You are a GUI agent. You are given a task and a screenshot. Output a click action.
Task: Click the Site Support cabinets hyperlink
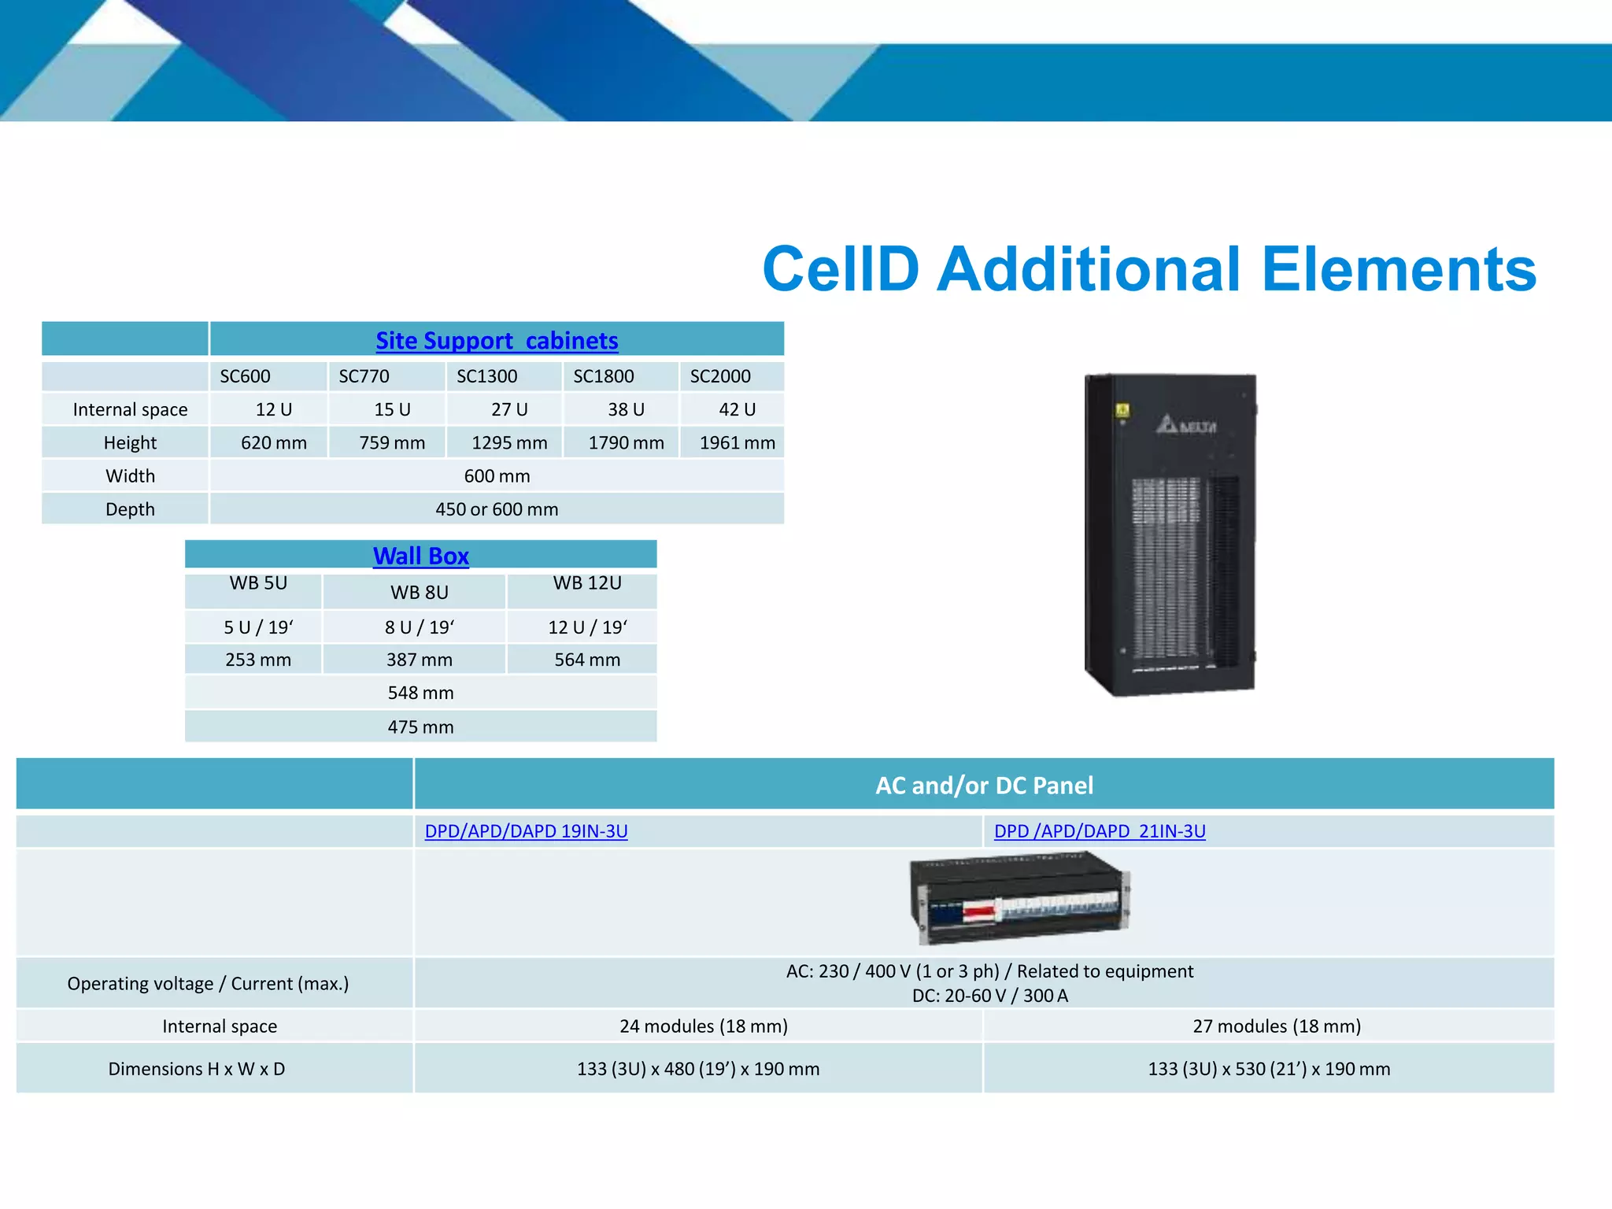point(497,341)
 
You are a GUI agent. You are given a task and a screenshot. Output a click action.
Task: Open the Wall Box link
point(420,556)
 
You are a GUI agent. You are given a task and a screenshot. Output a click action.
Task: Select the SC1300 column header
point(487,376)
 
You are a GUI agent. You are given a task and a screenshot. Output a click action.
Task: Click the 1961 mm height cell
point(737,443)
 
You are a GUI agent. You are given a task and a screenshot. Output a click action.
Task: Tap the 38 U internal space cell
point(626,409)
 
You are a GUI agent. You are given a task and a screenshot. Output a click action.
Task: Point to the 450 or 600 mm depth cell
point(497,509)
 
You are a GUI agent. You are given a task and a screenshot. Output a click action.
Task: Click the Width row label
point(130,476)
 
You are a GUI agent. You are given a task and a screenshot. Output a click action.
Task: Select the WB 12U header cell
point(587,583)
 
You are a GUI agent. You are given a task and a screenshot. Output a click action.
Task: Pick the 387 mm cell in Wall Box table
point(419,660)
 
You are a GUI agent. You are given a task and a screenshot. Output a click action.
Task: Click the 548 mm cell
point(420,693)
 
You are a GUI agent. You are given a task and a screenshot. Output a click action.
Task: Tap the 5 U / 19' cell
point(258,627)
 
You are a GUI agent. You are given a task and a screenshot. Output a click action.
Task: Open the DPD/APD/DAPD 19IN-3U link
point(526,831)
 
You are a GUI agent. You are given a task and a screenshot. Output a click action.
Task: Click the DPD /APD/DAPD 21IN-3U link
point(1100,831)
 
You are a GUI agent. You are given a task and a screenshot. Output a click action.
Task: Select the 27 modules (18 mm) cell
point(1276,1026)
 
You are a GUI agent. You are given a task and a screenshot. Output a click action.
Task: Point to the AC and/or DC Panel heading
point(984,786)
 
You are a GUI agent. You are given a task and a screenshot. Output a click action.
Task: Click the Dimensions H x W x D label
point(197,1069)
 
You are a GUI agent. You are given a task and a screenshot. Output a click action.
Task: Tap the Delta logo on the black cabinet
point(1185,426)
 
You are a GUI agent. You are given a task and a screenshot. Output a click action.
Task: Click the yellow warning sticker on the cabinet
point(1122,410)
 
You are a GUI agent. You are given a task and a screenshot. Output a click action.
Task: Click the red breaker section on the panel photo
point(978,912)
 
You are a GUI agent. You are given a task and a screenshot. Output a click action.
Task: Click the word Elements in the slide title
point(1398,269)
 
